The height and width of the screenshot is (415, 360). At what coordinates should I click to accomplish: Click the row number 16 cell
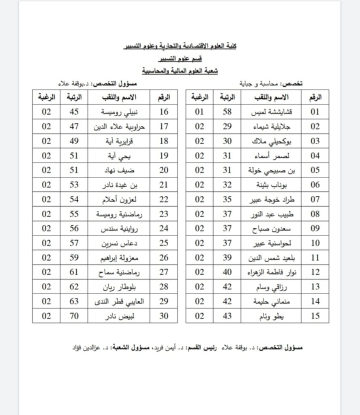click(x=164, y=112)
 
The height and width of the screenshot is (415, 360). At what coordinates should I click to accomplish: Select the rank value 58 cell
click(x=227, y=112)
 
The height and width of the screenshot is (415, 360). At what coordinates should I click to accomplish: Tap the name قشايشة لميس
click(x=271, y=112)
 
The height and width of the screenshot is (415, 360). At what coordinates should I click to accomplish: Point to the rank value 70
click(x=74, y=316)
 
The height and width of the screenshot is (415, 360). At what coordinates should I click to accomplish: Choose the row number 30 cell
click(x=164, y=316)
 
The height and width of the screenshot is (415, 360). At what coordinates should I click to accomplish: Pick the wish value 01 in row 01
click(x=199, y=112)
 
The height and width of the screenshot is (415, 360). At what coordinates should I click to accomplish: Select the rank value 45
click(x=74, y=112)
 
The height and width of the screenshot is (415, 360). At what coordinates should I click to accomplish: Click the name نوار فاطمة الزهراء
click(x=271, y=272)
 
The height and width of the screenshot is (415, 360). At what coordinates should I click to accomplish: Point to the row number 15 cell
click(x=315, y=316)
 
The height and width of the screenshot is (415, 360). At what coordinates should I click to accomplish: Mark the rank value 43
click(x=227, y=316)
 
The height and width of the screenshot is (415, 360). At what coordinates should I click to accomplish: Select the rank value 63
click(x=74, y=302)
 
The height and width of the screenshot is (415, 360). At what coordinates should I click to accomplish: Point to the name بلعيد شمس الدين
click(x=271, y=258)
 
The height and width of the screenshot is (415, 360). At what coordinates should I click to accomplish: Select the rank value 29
click(x=227, y=127)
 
